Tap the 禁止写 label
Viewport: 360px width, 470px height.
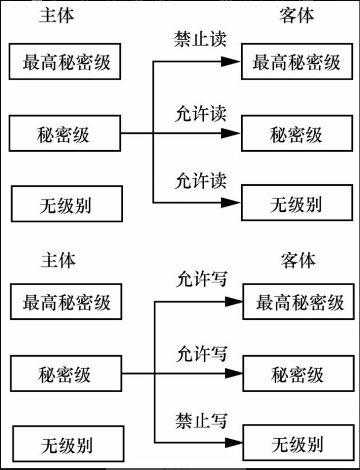point(201,421)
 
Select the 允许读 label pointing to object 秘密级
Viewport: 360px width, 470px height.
point(201,114)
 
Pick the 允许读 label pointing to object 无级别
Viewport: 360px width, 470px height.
point(201,181)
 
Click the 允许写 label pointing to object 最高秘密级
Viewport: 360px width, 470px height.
point(202,279)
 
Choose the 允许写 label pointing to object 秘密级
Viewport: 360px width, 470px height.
point(202,353)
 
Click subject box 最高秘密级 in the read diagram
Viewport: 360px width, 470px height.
point(66,62)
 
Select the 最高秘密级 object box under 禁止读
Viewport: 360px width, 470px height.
point(296,62)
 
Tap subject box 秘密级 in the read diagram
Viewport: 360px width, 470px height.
point(64,134)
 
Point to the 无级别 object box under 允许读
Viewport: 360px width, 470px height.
point(296,203)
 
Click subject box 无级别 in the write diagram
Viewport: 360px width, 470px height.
point(66,445)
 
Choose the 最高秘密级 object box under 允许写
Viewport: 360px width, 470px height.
point(298,301)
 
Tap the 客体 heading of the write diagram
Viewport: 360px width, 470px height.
point(298,260)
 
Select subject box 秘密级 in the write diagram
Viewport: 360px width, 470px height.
point(66,374)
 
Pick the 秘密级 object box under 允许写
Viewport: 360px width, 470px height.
point(298,374)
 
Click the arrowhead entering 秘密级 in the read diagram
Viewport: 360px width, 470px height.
point(231,133)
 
